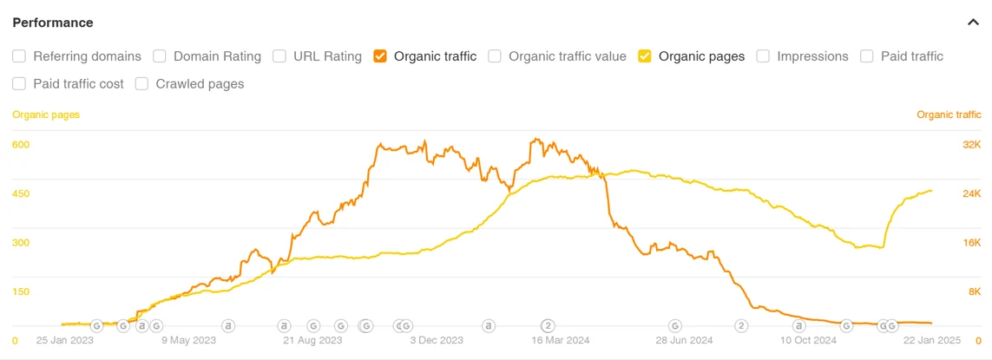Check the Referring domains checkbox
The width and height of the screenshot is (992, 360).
coord(19,56)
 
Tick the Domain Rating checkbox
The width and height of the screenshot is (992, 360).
coord(160,56)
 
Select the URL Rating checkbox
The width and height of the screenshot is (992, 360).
coord(279,56)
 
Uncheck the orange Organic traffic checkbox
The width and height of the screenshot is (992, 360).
coord(380,56)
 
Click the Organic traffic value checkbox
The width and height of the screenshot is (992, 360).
coord(495,56)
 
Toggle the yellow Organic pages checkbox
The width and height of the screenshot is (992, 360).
coord(645,56)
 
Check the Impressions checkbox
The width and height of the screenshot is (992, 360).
coord(763,56)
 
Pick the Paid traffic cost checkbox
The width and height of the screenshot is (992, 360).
coord(19,84)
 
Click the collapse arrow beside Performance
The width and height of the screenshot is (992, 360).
coord(973,23)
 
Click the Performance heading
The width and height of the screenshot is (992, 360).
coord(53,23)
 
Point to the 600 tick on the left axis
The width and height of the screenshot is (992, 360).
coord(21,145)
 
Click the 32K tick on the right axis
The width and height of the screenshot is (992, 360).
coord(972,145)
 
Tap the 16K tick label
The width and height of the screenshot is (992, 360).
coord(972,243)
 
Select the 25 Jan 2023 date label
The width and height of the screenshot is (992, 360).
coord(65,341)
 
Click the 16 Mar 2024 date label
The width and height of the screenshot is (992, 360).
coord(561,341)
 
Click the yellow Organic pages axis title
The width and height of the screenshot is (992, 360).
coord(46,115)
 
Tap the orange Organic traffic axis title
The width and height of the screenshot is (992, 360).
coord(949,115)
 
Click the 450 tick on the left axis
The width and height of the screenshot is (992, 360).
coord(21,193)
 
